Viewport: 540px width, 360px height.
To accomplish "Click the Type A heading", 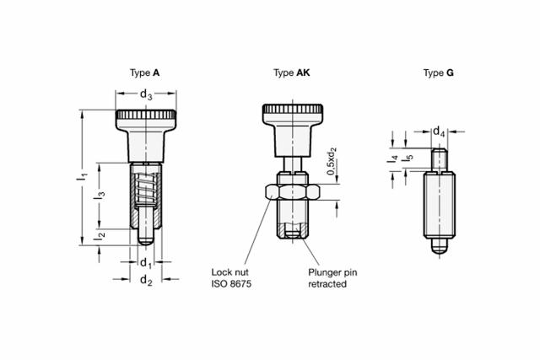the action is (x=144, y=73).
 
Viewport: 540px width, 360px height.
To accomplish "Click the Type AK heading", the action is (x=292, y=73).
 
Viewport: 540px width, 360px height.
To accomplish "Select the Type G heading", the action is (x=439, y=73).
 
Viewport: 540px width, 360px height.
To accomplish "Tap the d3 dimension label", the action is (x=146, y=94).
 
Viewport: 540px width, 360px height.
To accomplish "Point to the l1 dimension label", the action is (x=82, y=177).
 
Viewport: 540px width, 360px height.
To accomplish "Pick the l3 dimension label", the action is (x=100, y=195).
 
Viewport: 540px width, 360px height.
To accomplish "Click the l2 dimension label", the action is (x=100, y=236).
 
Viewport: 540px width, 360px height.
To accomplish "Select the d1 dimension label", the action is (x=146, y=263).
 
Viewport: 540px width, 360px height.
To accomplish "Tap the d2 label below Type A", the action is (x=146, y=280).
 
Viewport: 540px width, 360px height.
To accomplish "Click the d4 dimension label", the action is (x=439, y=132).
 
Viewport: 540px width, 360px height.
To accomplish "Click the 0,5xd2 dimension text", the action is (x=332, y=161).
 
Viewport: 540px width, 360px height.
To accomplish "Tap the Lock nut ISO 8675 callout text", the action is (x=231, y=278).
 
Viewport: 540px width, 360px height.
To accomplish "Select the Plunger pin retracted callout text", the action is (x=332, y=278).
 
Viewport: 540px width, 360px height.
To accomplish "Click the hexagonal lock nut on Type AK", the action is (x=293, y=192).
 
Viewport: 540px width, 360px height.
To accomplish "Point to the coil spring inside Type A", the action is (x=145, y=189).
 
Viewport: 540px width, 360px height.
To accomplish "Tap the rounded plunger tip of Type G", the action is (x=440, y=246).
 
